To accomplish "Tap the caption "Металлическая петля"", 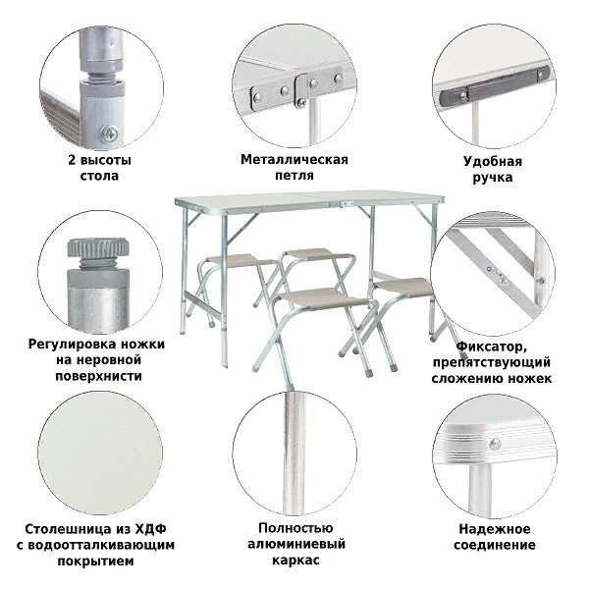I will coord(294,168).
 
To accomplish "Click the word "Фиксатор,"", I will coord(491,346).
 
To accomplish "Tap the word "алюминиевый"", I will coord(294,544).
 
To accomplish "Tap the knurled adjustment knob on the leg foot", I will coord(97,249).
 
